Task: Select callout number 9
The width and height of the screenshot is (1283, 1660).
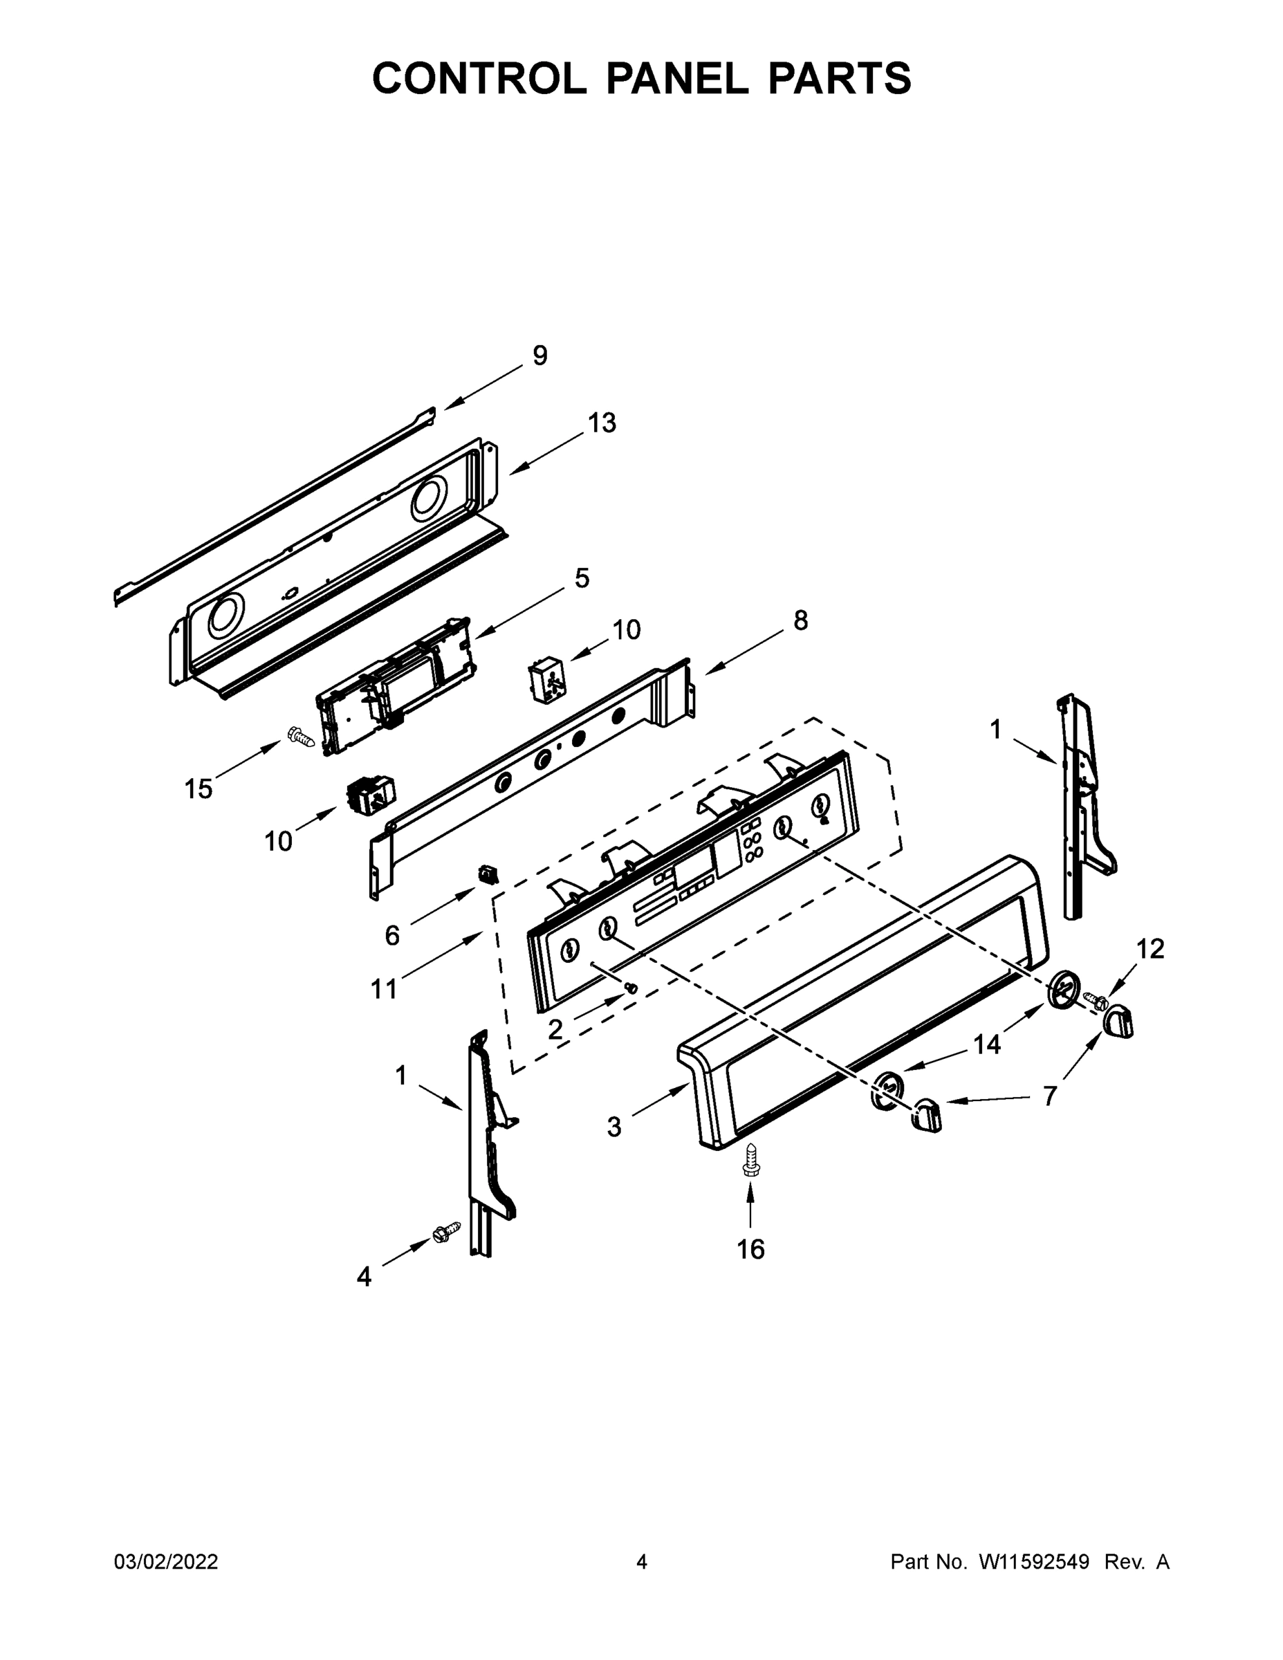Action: tap(539, 355)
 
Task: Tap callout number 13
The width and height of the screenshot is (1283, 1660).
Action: tap(602, 423)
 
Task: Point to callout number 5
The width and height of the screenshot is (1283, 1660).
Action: tap(582, 578)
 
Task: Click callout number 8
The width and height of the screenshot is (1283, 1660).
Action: tap(800, 620)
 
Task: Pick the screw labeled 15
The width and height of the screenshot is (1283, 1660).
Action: tap(301, 736)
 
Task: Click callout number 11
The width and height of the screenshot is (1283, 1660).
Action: tap(384, 989)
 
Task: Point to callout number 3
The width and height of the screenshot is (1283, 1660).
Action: tap(614, 1127)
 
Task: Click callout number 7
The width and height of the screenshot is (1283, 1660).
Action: tap(1050, 1096)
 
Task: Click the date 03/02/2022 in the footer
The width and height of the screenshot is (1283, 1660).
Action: tap(166, 1562)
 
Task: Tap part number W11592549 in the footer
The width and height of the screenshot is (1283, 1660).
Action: tap(1034, 1562)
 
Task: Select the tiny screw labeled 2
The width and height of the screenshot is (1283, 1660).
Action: tap(630, 987)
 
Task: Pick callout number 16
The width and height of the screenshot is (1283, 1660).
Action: tap(751, 1248)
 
